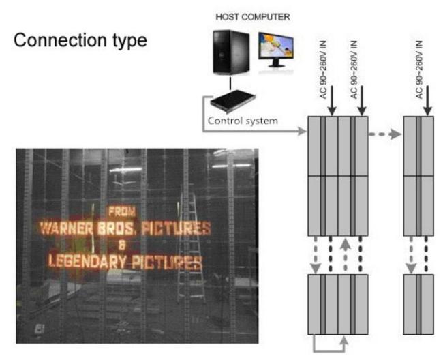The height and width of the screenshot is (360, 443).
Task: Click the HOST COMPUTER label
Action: pos(253,17)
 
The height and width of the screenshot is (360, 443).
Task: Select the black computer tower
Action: pos(231,52)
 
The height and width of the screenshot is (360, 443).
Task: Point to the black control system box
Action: pos(233,102)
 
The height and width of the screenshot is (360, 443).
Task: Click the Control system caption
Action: pos(243,121)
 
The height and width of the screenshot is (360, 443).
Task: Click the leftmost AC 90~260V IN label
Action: pos(323,70)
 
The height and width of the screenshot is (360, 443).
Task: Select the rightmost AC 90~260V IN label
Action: pos(420,70)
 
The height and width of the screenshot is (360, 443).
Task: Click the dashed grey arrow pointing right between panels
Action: pos(385,134)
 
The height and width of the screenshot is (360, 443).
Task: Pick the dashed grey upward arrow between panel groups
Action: pos(346,255)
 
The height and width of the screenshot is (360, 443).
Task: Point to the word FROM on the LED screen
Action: pos(122,211)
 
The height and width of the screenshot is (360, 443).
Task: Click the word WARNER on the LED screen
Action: pos(67,228)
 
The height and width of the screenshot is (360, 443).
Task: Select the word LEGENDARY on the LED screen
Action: pos(87,262)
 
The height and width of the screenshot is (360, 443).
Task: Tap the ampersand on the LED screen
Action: pos(121,245)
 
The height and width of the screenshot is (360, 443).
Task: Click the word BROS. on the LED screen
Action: pos(116,228)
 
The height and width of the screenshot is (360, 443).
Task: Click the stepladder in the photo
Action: pos(190,248)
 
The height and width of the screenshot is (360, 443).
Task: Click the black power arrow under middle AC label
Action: pos(362,101)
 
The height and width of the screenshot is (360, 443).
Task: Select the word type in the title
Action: pos(130,42)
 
